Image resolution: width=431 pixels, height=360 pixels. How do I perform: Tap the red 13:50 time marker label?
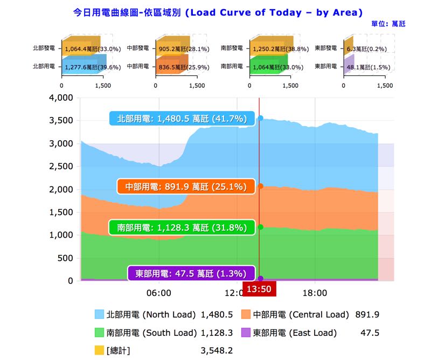pos(259,289)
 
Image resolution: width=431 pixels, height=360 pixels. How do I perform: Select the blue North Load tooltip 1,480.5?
pos(181,119)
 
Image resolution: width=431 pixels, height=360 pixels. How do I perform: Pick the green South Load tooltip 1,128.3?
pos(182,227)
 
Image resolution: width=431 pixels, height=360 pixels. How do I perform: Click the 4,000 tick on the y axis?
pos(60,98)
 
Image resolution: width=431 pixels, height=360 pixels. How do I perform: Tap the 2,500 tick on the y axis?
pos(60,167)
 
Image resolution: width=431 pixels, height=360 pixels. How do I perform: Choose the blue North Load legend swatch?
pos(99,315)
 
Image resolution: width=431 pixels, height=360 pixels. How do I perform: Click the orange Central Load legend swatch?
pos(246,315)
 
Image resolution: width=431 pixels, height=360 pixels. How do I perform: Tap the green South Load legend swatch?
pos(99,333)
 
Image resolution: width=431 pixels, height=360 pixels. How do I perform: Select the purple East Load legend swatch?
pos(246,333)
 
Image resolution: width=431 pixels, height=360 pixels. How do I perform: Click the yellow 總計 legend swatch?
pos(99,351)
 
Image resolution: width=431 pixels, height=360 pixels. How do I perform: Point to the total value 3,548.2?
pos(217,351)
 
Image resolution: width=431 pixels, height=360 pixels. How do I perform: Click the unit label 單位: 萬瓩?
pos(388,24)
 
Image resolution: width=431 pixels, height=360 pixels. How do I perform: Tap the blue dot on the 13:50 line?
pos(261,118)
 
